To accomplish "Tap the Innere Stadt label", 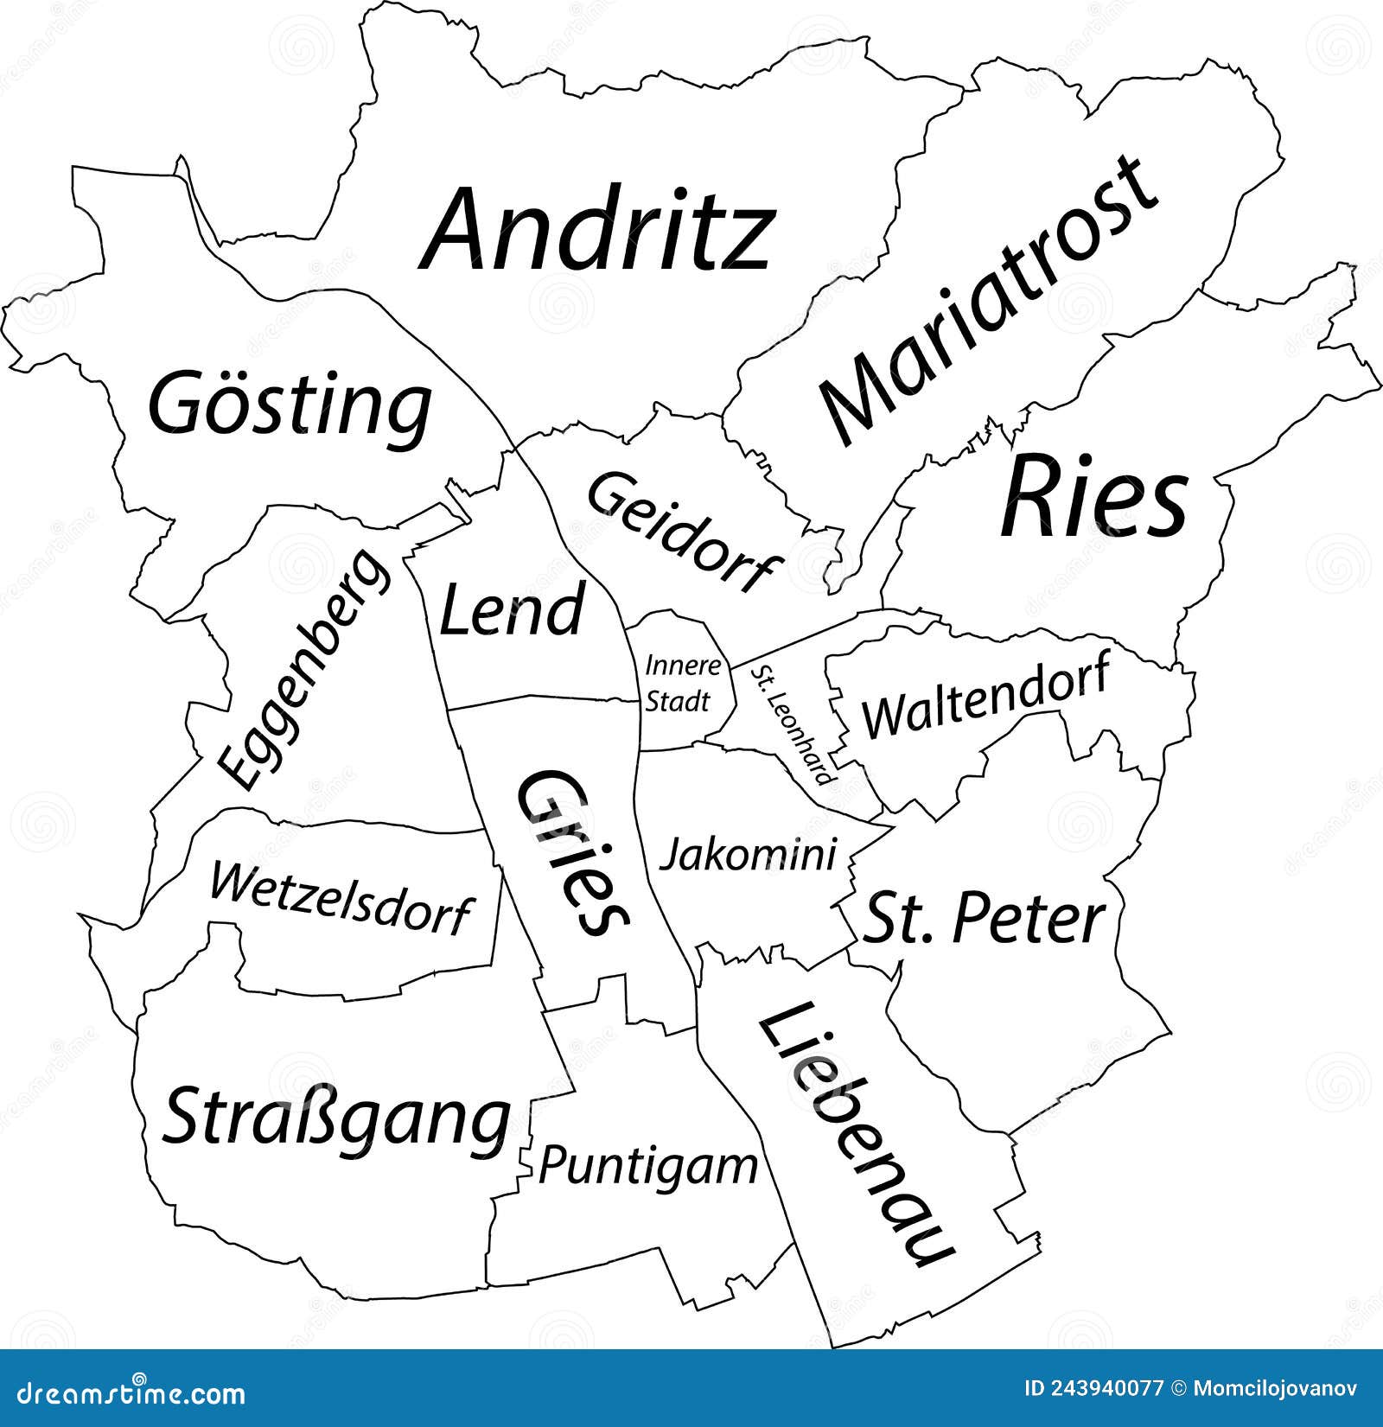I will coord(681,684).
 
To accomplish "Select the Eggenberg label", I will coord(303,670).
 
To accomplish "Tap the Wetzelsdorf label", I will coord(341,899).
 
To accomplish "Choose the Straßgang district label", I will coord(336,1120).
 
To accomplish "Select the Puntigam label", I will coord(648,1166).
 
